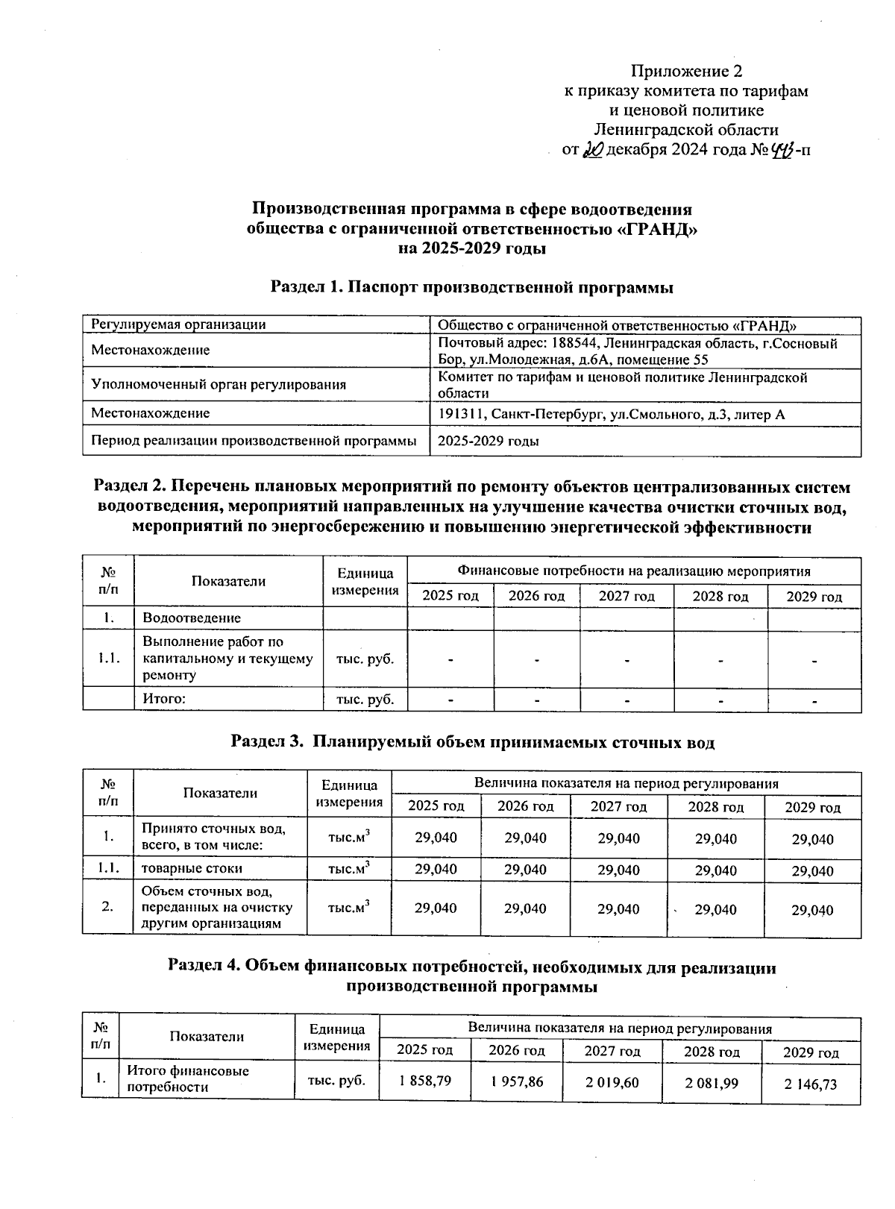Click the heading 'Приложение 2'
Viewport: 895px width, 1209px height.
coord(686,72)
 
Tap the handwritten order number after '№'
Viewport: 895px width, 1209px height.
coord(782,150)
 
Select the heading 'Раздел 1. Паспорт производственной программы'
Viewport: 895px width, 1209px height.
coord(471,287)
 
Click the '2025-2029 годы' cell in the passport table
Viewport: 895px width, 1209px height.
coord(489,441)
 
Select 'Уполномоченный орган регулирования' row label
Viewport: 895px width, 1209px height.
coord(218,385)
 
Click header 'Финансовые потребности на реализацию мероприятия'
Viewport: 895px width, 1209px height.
coord(633,571)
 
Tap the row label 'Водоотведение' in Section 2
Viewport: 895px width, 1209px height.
coord(192,618)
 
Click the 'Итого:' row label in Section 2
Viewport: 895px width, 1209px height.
coord(163,699)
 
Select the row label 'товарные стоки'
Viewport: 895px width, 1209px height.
coord(192,868)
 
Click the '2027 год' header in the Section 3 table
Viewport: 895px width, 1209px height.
coord(618,806)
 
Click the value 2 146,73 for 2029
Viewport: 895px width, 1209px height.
coord(811,1084)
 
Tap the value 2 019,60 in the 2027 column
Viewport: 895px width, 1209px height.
coord(612,1082)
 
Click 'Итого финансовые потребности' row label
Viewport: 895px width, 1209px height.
coord(188,1078)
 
